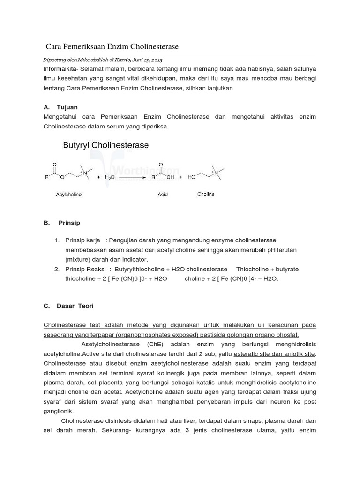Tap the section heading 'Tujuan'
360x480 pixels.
point(67,107)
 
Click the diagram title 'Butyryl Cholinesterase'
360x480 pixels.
point(106,145)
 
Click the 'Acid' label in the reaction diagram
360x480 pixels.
point(162,194)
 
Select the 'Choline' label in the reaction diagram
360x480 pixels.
point(205,194)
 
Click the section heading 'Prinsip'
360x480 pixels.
point(69,223)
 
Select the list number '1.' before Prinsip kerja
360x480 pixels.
point(56,240)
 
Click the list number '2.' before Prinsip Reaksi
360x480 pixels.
point(56,269)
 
